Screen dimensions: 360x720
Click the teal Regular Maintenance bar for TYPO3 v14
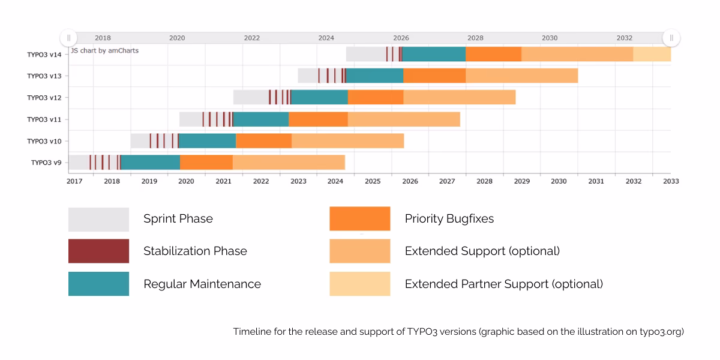(x=434, y=54)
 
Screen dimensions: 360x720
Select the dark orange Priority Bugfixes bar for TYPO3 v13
(x=434, y=76)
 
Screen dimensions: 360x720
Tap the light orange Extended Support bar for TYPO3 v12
(x=460, y=97)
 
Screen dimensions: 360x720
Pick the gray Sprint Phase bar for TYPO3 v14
(x=366, y=54)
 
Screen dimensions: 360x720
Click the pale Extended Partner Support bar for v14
(x=652, y=54)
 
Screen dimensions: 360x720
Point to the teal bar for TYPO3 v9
(x=150, y=163)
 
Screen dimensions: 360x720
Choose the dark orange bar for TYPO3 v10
(x=263, y=141)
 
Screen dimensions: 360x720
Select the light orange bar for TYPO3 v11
(x=404, y=119)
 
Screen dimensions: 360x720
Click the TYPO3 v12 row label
(x=44, y=98)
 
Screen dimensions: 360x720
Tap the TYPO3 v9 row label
(x=46, y=163)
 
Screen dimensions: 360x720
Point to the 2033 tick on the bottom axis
(x=671, y=181)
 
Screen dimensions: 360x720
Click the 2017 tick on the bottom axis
(x=74, y=181)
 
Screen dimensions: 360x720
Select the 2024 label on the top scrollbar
(x=326, y=38)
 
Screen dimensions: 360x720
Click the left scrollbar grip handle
(x=68, y=38)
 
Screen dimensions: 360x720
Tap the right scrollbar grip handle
(x=671, y=38)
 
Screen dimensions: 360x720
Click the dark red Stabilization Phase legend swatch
(x=98, y=251)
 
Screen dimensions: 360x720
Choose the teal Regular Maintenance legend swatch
(x=98, y=284)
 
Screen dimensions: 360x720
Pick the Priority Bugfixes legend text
(x=449, y=218)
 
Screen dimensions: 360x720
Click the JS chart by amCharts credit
(x=105, y=50)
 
